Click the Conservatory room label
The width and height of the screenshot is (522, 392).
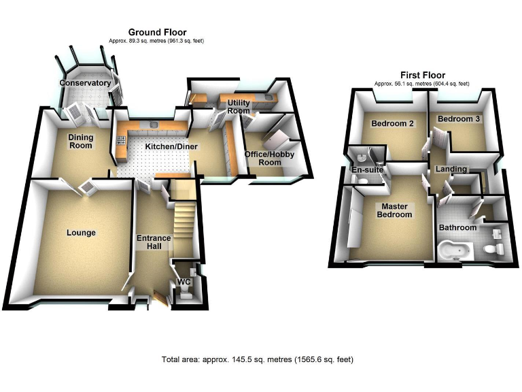84,83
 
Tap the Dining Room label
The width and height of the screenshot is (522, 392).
80,141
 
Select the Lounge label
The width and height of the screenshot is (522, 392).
81,233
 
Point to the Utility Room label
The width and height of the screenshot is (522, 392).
239,106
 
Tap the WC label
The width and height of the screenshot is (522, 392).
183,282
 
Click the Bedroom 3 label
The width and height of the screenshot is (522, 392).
459,119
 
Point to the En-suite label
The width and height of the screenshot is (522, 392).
368,169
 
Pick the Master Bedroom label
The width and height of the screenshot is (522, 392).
396,210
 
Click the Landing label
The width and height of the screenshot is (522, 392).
451,169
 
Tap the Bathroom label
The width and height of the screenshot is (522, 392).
457,227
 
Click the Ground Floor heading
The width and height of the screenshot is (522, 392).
157,32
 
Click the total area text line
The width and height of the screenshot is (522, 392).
257,359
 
